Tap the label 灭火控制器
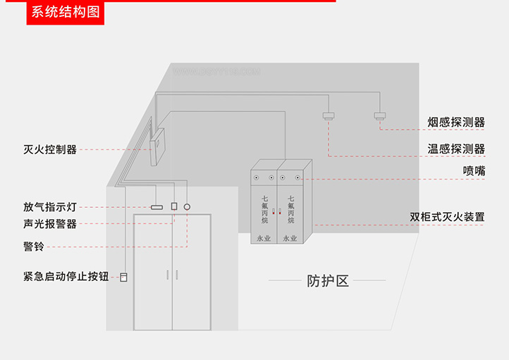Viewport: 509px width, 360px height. tap(50, 149)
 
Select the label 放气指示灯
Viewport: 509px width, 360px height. tap(50, 207)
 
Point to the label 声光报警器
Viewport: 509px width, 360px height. tap(50, 224)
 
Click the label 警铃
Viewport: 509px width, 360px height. tap(33, 247)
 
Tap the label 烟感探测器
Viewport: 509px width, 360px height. tap(456, 123)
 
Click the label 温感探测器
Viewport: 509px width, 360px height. tap(456, 149)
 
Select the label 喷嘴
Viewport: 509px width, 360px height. tap(474, 170)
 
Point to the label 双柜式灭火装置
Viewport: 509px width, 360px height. tap(447, 217)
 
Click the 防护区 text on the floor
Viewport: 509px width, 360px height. tap(329, 281)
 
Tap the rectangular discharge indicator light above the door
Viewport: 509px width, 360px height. tap(157, 207)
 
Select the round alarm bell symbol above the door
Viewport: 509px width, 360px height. tap(188, 207)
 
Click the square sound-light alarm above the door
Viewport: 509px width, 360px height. tap(174, 207)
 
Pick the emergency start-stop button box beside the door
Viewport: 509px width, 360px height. tap(124, 277)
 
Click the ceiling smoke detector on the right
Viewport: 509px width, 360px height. tap(381, 116)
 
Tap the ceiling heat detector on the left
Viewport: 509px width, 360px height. tap(329, 116)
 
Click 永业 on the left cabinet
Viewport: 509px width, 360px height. tap(264, 238)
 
